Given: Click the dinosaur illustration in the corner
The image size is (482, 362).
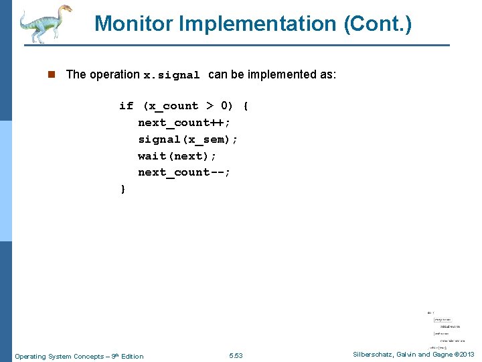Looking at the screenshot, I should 44,24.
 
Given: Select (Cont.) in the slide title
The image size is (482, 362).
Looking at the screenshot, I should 378,24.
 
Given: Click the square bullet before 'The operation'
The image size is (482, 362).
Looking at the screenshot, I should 52,74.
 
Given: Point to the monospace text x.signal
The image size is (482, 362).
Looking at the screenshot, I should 172,75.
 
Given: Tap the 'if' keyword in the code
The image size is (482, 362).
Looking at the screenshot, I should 127,106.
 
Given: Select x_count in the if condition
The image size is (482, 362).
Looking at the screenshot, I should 171,106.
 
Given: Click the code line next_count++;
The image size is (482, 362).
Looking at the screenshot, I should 184,123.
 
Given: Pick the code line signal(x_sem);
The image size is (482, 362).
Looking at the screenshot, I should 187,139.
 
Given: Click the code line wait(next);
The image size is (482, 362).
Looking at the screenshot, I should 175,156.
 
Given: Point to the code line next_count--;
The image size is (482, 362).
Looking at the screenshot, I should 184,172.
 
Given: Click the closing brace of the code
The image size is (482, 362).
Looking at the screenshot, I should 123,189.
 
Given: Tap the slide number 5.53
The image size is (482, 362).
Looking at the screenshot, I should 236,356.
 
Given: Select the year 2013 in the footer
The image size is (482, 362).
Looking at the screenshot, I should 466,355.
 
